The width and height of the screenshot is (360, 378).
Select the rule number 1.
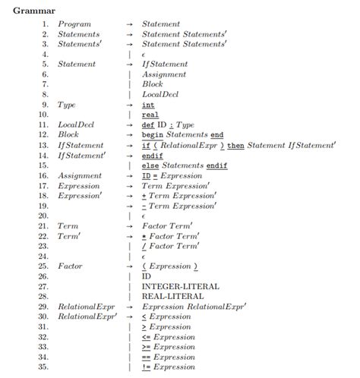pyautogui.click(x=45, y=24)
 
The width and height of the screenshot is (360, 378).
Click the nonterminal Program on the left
pyautogui.click(x=74, y=24)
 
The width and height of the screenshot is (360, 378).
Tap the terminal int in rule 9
pyautogui.click(x=148, y=105)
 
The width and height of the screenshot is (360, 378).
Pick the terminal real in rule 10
pyautogui.click(x=150, y=115)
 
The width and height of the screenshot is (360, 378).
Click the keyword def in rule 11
pyautogui.click(x=149, y=124)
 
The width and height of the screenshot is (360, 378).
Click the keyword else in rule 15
pyautogui.click(x=150, y=165)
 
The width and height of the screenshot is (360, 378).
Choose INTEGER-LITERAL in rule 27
pyautogui.click(x=181, y=286)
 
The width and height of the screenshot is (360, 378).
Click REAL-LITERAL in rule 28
pyautogui.click(x=173, y=297)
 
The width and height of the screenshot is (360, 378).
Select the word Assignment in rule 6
pyautogui.click(x=164, y=74)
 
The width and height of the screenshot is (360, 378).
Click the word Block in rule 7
pyautogui.click(x=153, y=84)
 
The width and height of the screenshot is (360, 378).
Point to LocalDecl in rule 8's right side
pyautogui.click(x=159, y=94)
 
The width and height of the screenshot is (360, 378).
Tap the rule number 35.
pyautogui.click(x=43, y=367)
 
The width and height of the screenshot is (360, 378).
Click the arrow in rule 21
pyautogui.click(x=130, y=226)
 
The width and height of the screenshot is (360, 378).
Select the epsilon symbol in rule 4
pyautogui.click(x=144, y=55)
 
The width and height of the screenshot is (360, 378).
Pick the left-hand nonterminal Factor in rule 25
pyautogui.click(x=71, y=266)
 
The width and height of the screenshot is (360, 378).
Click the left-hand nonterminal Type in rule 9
pyautogui.click(x=68, y=105)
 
